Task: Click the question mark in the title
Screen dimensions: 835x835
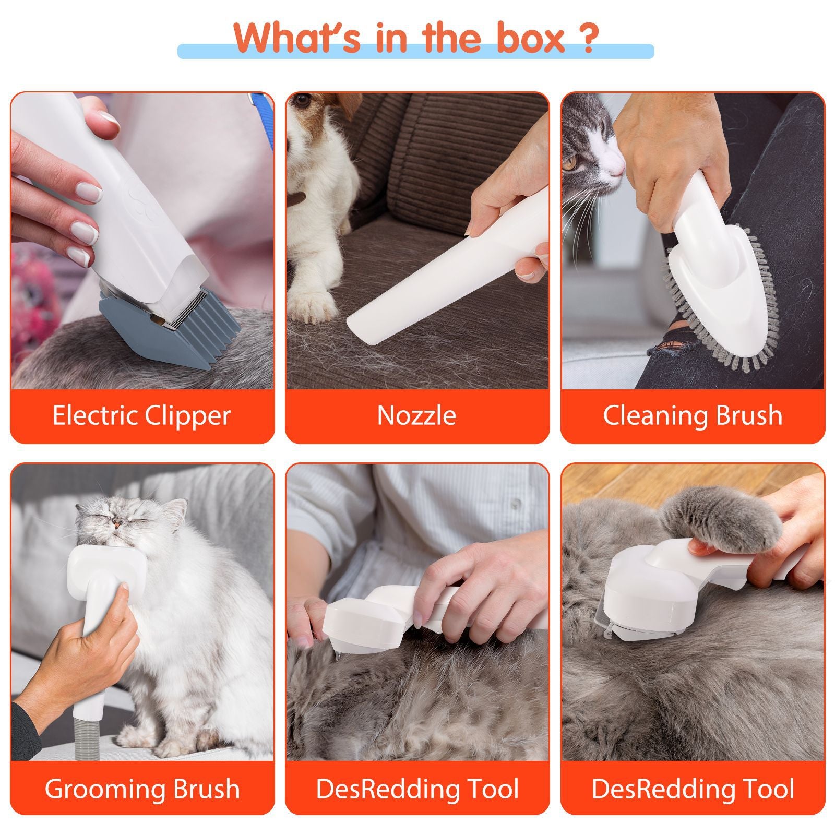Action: (x=587, y=38)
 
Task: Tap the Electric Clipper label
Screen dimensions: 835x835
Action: (x=141, y=416)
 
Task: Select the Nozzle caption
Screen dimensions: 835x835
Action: (x=416, y=416)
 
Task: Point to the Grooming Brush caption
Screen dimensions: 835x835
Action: (x=141, y=789)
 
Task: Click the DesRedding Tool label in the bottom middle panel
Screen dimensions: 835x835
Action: (x=416, y=789)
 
